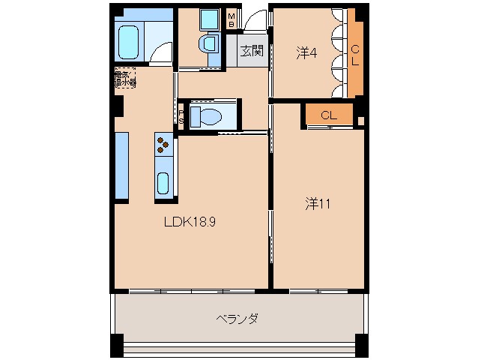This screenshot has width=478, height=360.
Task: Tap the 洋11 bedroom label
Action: pos(318,202)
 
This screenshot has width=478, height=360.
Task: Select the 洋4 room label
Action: pos(306,52)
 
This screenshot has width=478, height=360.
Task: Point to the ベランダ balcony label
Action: pos(237,319)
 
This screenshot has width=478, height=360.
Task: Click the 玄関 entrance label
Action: pos(251,51)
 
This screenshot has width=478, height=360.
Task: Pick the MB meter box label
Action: pos(232,19)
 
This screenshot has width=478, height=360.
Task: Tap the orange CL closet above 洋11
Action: pos(328,115)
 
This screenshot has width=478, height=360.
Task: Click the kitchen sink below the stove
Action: pos(163,182)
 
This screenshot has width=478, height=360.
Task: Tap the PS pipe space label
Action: pos(181,117)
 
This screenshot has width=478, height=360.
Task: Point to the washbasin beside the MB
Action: pos(208,43)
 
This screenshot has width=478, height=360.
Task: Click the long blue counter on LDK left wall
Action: pos(122,167)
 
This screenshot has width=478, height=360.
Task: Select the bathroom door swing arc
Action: pos(160,50)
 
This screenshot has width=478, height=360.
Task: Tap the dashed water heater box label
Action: pos(125,79)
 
